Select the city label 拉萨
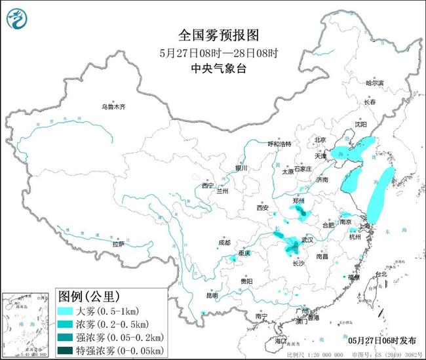[x=118, y=244]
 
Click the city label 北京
[x=320, y=140]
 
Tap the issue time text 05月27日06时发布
[x=381, y=340]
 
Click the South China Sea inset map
[x=26, y=325]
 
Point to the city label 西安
[x=263, y=209]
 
